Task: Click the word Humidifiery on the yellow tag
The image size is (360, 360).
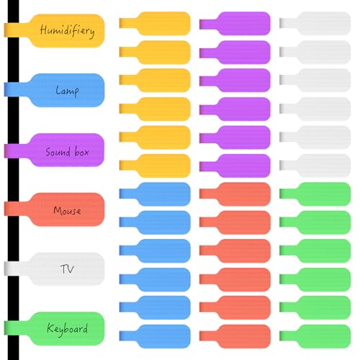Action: pyautogui.click(x=67, y=31)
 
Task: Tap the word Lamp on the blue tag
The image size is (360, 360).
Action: pyautogui.click(x=67, y=91)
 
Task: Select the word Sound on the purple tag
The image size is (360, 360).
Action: pyautogui.click(x=58, y=152)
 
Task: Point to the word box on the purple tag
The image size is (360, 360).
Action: pyautogui.click(x=81, y=151)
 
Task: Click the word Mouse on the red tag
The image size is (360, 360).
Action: pyautogui.click(x=67, y=210)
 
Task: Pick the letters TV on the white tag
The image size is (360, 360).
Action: pyautogui.click(x=67, y=269)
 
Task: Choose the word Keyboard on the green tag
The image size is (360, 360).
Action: pyautogui.click(x=67, y=329)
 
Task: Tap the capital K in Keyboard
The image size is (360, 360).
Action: pyautogui.click(x=50, y=328)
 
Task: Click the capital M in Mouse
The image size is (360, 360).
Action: pyautogui.click(x=58, y=210)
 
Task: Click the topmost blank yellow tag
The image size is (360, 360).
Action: pyautogui.click(x=155, y=24)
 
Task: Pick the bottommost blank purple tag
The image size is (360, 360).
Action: pyautogui.click(x=235, y=166)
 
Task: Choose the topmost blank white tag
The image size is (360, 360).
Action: pyautogui.click(x=315, y=24)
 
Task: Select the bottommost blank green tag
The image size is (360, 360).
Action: pyautogui.click(x=315, y=336)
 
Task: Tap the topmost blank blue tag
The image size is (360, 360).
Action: pyautogui.click(x=155, y=194)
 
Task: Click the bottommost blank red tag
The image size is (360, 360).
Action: pyautogui.click(x=235, y=336)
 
